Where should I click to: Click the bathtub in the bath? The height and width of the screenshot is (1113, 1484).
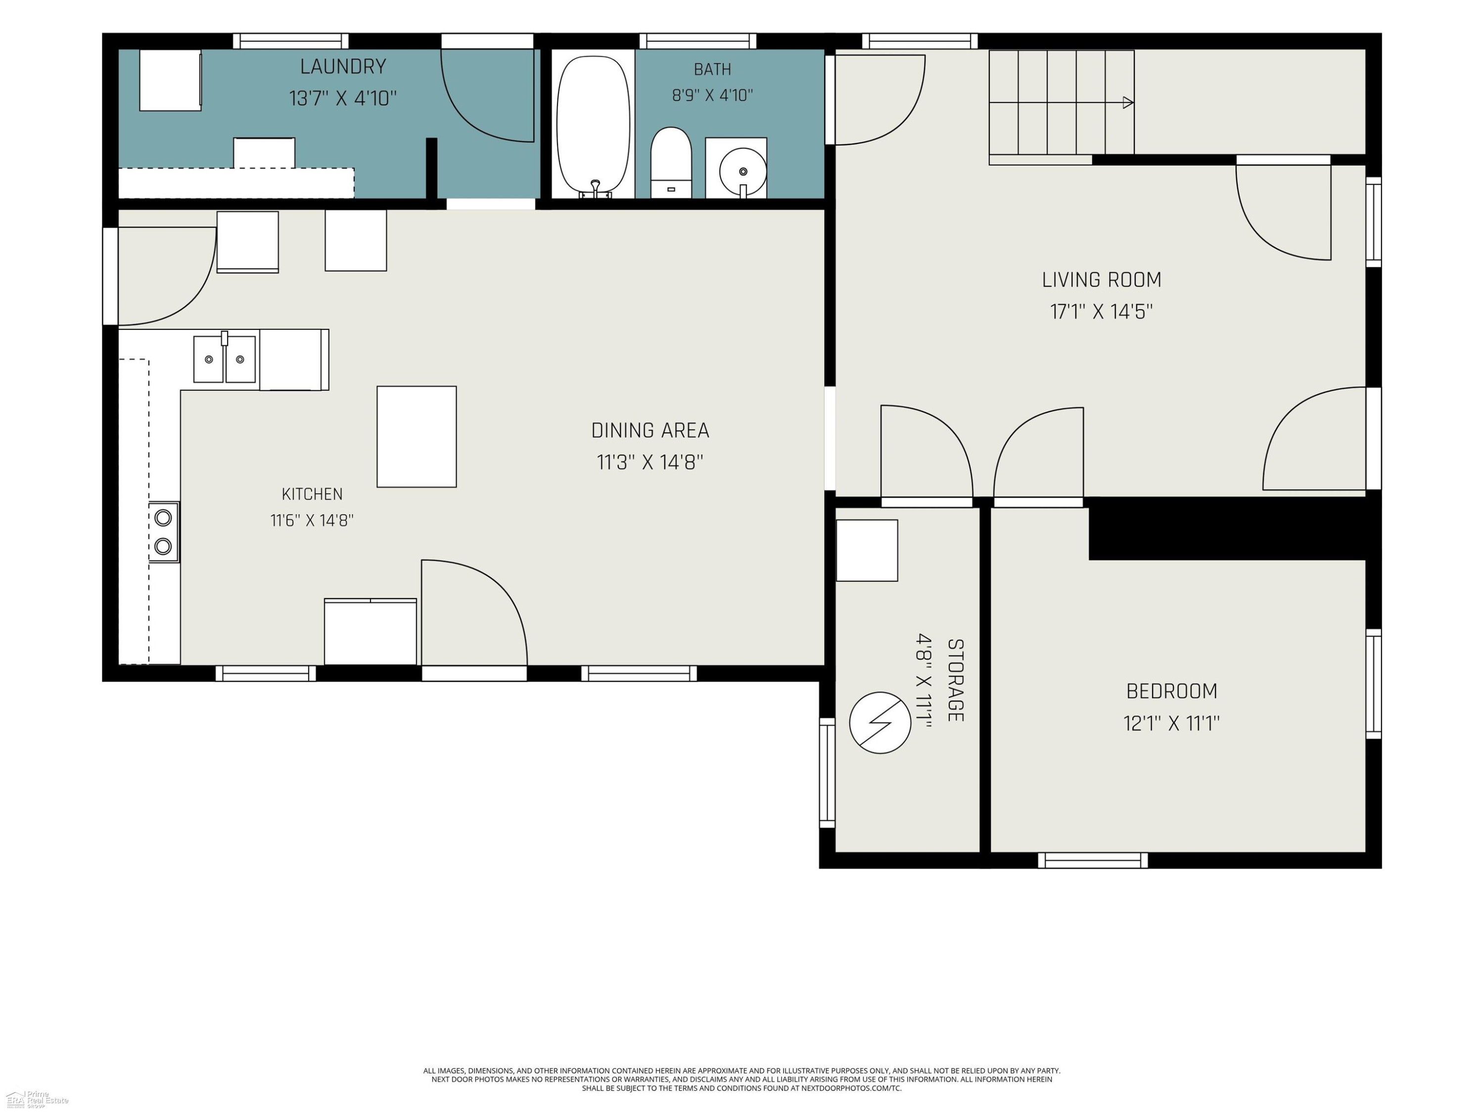pos(594,126)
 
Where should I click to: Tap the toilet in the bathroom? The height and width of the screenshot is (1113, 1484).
pos(671,163)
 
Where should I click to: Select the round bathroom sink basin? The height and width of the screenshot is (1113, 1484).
pos(742,172)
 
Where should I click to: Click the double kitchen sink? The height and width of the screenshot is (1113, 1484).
pos(225,359)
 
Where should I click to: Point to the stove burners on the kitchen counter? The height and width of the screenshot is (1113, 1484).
pos(163,532)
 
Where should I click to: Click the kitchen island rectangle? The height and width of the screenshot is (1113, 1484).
pos(417,436)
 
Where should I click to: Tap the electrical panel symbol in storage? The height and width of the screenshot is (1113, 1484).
pos(880,723)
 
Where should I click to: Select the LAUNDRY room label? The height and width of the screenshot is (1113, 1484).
pos(343,66)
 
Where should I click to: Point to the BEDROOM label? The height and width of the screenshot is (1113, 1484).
pos(1171,691)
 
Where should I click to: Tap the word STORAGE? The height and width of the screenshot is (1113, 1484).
pos(955,680)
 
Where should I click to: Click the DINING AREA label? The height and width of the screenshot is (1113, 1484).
pos(650,430)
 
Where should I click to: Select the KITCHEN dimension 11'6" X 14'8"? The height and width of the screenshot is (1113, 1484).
pos(312,520)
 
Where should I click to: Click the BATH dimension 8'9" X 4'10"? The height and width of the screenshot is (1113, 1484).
pos(712,95)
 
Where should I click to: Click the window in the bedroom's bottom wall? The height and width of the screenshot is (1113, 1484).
pos(1093,860)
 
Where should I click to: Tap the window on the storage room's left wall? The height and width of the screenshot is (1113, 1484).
pos(827,772)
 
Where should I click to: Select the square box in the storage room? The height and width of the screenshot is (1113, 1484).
pos(867,550)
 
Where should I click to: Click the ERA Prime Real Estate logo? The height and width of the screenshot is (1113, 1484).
pos(37,1098)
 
